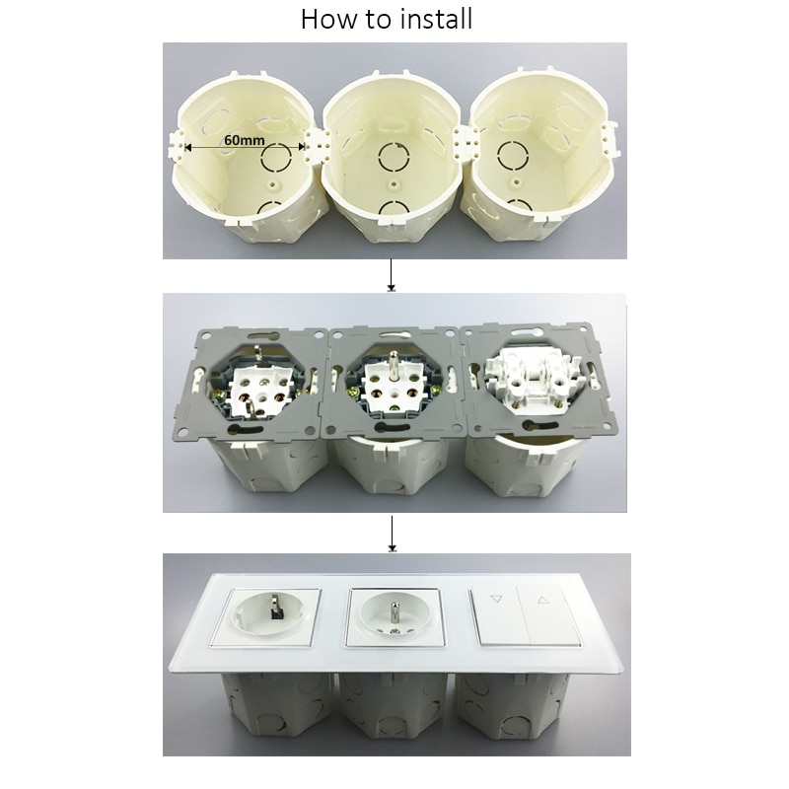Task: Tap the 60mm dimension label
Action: point(244,139)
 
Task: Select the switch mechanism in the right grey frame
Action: point(527,374)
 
